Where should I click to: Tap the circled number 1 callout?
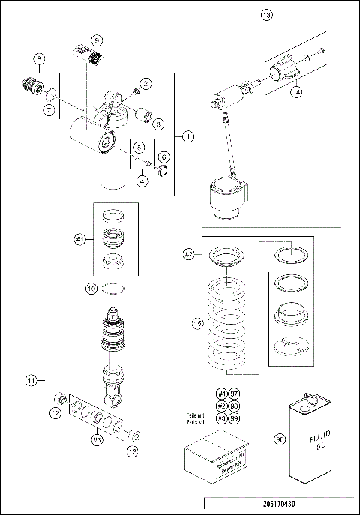187,136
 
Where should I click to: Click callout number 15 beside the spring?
197,323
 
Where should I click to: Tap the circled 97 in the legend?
235,394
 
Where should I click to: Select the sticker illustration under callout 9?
88,56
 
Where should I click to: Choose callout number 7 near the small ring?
48,110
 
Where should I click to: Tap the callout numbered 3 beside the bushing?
158,124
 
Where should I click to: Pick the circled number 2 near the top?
145,83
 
